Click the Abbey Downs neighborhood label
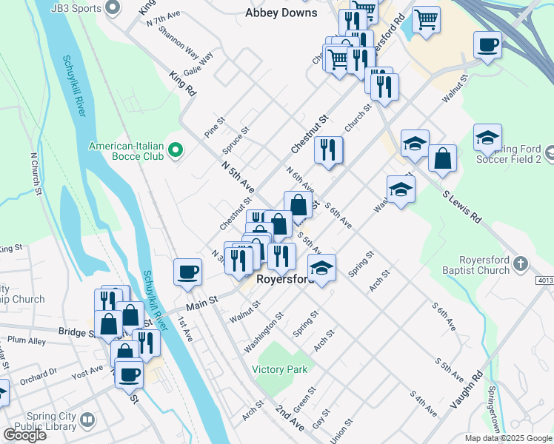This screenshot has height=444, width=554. [281, 13]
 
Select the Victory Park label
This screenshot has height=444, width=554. [279, 369]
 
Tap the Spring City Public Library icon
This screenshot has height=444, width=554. [87, 420]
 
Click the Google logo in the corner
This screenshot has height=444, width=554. [24, 435]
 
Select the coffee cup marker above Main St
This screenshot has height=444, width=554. [188, 271]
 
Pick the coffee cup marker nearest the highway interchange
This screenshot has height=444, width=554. [487, 44]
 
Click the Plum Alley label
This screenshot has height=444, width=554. [27, 340]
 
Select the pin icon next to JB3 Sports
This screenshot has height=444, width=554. [113, 8]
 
